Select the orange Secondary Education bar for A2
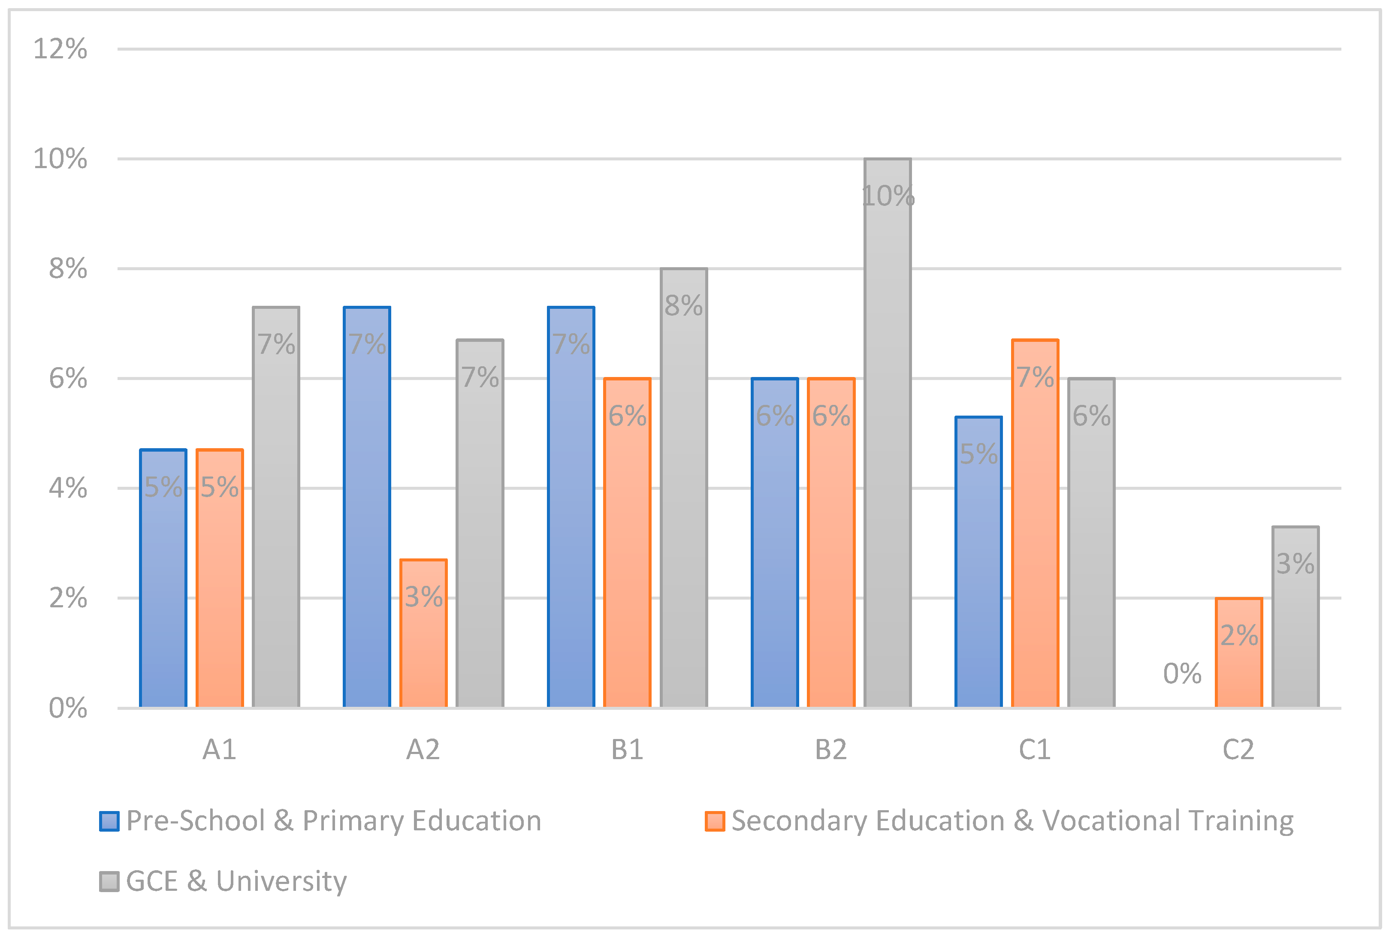[x=423, y=633]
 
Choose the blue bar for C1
[x=978, y=561]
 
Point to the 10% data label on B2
[x=888, y=196]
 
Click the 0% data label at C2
[x=1182, y=674]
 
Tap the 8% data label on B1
[x=683, y=305]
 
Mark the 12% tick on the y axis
[x=60, y=49]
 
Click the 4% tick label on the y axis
[x=67, y=488]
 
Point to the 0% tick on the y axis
[x=67, y=708]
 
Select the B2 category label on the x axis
[x=831, y=750]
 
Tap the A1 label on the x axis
[x=219, y=750]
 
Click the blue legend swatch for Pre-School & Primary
[x=109, y=821]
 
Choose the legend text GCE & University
[x=236, y=881]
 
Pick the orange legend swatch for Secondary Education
[x=714, y=821]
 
